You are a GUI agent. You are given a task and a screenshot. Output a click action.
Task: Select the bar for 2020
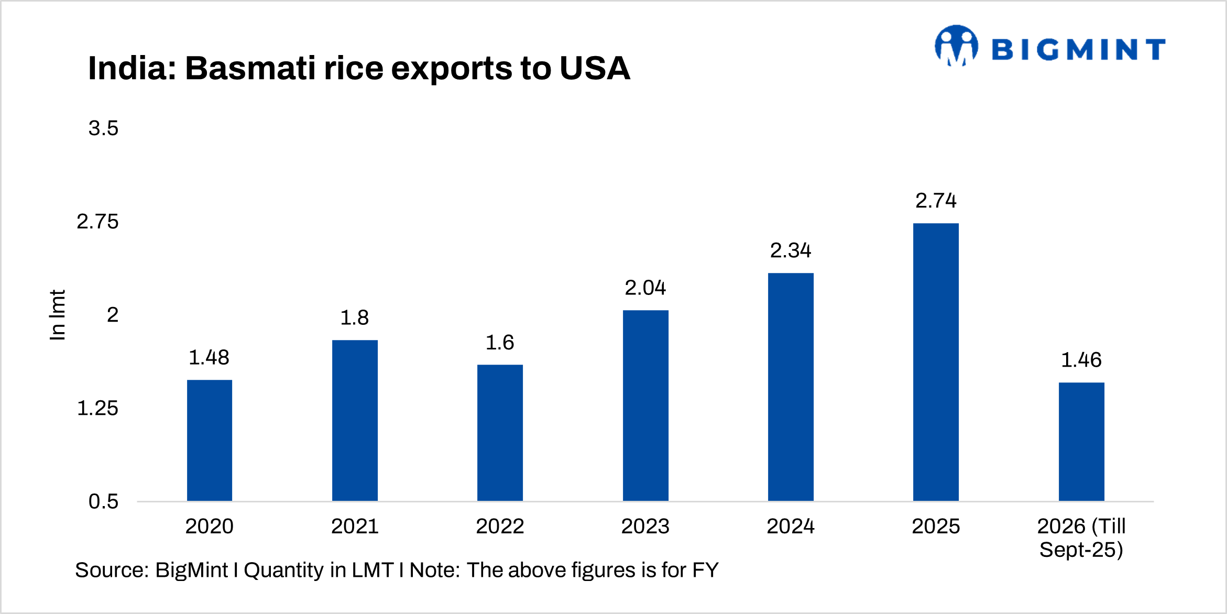coord(210,440)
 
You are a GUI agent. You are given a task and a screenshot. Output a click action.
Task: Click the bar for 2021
coord(355,420)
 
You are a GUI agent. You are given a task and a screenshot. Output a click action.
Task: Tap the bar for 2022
coord(500,433)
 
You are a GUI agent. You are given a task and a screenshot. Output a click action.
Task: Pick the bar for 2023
coord(645,405)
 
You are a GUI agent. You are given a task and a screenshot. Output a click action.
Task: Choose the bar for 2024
coord(791,387)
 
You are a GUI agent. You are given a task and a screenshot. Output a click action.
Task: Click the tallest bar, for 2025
coord(936,361)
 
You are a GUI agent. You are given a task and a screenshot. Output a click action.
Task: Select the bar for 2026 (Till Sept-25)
coord(1081,442)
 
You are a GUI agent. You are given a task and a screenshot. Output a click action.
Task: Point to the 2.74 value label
coord(936,201)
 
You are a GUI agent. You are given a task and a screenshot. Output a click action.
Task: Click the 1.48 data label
coord(209,358)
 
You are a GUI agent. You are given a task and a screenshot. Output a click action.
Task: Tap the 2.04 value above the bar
coord(645,288)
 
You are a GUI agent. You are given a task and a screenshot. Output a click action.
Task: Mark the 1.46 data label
coord(1081,360)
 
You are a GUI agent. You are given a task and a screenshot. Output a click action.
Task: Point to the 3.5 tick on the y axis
coord(103,128)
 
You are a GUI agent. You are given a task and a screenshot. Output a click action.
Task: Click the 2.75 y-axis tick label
coord(97,222)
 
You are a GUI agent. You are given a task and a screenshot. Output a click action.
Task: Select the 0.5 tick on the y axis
coord(103,501)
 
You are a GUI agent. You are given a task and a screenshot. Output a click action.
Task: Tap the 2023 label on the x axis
coord(645,526)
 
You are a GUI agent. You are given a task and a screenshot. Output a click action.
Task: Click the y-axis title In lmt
coord(58,315)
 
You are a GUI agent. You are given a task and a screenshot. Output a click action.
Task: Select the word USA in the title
coord(595,69)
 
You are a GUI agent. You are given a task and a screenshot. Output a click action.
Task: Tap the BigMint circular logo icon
coord(957,46)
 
